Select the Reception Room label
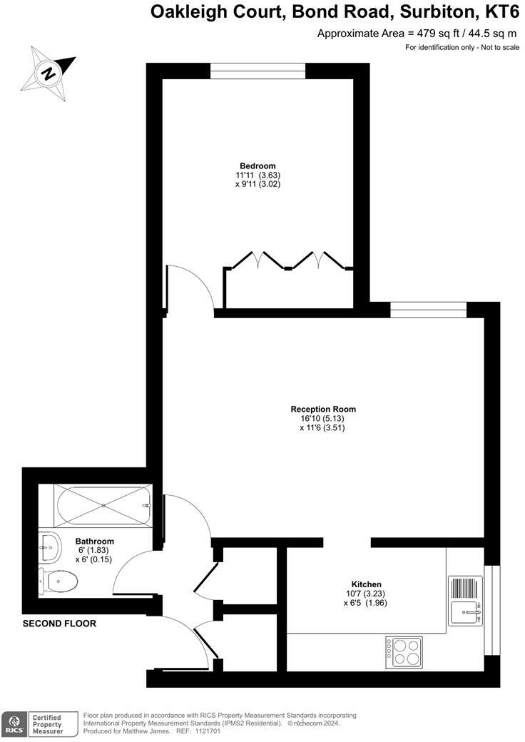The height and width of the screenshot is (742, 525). [323, 409]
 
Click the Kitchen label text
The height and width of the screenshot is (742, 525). [366, 584]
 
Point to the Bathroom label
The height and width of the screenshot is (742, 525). [95, 542]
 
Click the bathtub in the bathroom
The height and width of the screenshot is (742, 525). [103, 505]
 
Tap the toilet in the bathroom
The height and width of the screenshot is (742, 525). [58, 581]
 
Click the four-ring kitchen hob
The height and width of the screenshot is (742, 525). [404, 651]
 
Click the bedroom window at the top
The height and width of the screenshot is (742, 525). [258, 71]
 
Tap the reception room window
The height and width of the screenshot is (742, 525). [428, 309]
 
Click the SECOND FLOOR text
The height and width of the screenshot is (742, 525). [59, 624]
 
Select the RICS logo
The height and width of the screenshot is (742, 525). [14, 723]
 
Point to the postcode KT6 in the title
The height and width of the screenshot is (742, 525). [499, 12]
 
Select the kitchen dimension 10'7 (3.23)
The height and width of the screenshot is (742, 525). [365, 593]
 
